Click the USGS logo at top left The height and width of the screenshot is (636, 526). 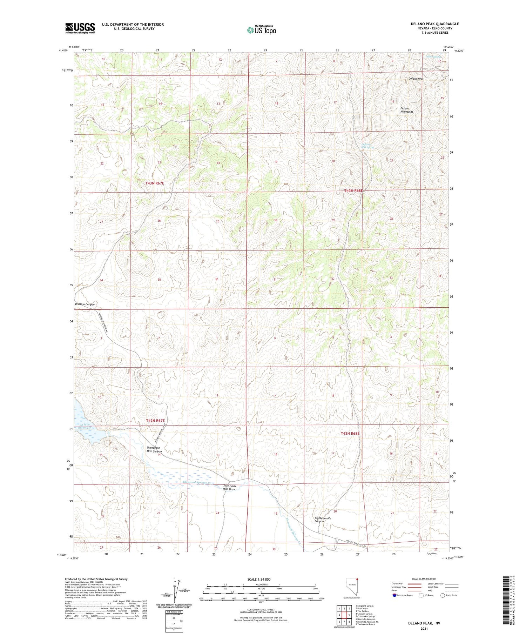(x=80, y=28)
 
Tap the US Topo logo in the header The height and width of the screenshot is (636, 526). (x=262, y=30)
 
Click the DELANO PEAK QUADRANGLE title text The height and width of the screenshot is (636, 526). (x=434, y=24)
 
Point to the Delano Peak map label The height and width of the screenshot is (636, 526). (x=416, y=79)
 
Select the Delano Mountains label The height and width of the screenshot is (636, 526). (x=407, y=110)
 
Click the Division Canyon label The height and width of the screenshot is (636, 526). (x=85, y=304)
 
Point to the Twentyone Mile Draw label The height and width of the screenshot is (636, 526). (x=230, y=488)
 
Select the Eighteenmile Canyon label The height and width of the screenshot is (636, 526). (x=322, y=520)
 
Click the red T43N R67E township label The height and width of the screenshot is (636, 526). (x=155, y=183)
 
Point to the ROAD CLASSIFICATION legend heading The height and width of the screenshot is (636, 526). (x=424, y=579)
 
